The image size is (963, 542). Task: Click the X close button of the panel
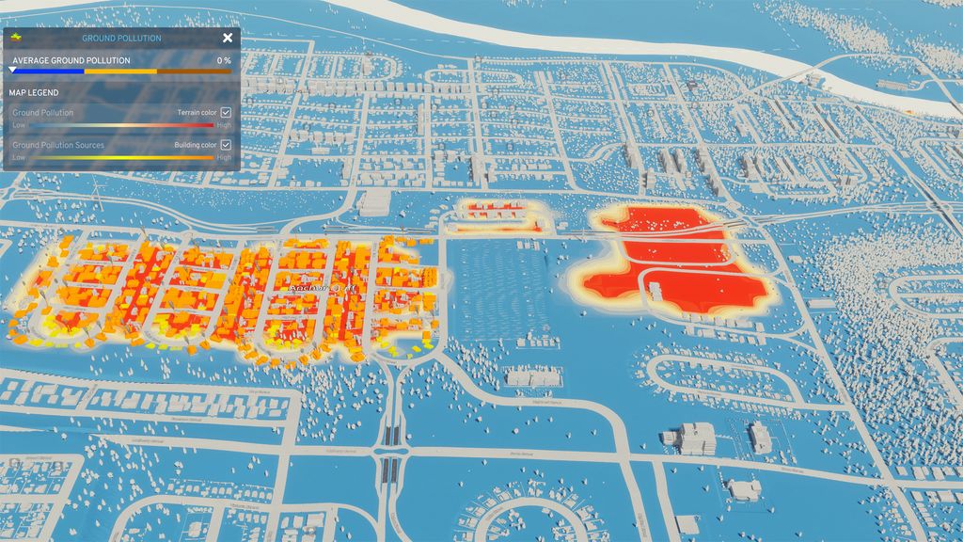click(x=228, y=38)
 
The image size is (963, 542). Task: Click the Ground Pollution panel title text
click(x=121, y=39)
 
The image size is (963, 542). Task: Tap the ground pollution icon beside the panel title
click(x=17, y=37)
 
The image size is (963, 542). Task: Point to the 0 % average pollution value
click(x=224, y=60)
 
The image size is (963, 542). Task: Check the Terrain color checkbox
click(x=226, y=112)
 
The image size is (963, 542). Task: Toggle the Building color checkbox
click(x=226, y=145)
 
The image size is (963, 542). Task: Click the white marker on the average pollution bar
click(x=12, y=70)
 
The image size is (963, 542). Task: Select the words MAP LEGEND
click(x=34, y=92)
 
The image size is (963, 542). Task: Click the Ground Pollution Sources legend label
click(x=58, y=145)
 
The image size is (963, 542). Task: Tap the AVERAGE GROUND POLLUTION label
click(x=71, y=60)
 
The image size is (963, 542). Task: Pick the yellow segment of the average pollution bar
click(x=120, y=71)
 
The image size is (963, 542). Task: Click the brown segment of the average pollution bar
click(x=194, y=71)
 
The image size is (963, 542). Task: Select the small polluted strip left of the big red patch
click(x=497, y=216)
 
